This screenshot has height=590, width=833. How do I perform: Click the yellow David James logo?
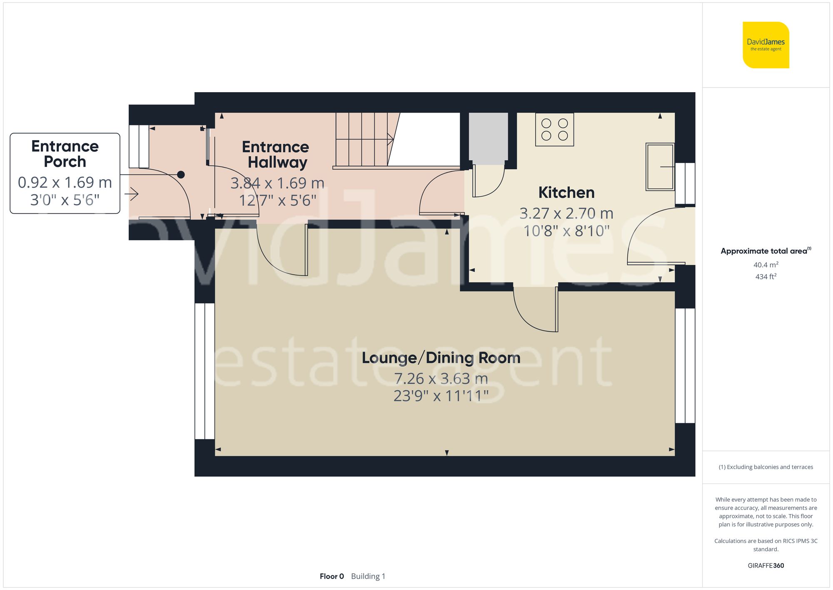tap(766, 45)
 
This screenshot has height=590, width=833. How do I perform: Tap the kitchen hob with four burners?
tap(554, 130)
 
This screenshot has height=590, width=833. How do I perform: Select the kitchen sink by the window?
tap(660, 167)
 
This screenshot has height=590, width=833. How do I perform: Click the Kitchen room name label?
tap(566, 193)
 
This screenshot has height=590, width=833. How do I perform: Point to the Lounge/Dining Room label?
tap(441, 358)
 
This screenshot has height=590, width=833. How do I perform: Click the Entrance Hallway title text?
tap(276, 154)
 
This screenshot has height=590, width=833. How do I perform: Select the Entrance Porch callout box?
tap(65, 173)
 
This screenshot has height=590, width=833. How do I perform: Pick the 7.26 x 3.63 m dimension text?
tap(441, 379)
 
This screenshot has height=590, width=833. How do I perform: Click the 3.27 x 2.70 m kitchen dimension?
tap(566, 213)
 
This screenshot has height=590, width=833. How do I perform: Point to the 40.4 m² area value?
tap(766, 265)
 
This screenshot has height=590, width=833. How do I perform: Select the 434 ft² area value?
tap(766, 276)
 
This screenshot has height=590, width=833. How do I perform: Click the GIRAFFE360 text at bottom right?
tap(766, 565)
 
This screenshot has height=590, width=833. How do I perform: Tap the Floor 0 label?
tap(332, 576)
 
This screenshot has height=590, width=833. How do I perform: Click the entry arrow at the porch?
tap(132, 193)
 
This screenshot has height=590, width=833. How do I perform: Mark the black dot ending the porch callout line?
tap(181, 175)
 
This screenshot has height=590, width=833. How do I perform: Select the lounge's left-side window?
tap(205, 371)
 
